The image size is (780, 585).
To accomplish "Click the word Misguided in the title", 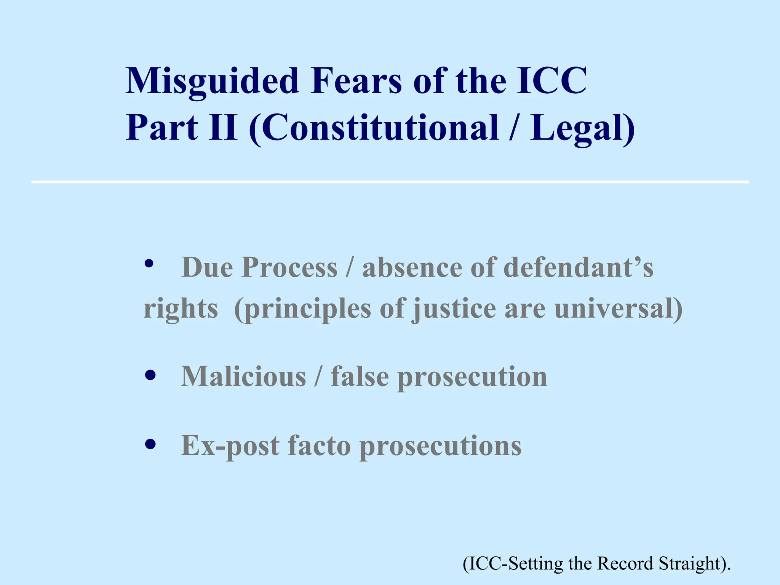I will (212, 81).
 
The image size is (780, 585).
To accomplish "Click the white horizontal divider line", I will (390, 182).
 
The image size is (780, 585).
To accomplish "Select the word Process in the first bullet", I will (289, 267).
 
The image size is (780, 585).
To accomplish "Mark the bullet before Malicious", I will (150, 376).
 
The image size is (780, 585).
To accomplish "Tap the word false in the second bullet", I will (360, 376).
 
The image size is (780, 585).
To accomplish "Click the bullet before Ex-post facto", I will (150, 444).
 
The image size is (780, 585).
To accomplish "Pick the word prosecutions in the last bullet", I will (440, 446).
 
